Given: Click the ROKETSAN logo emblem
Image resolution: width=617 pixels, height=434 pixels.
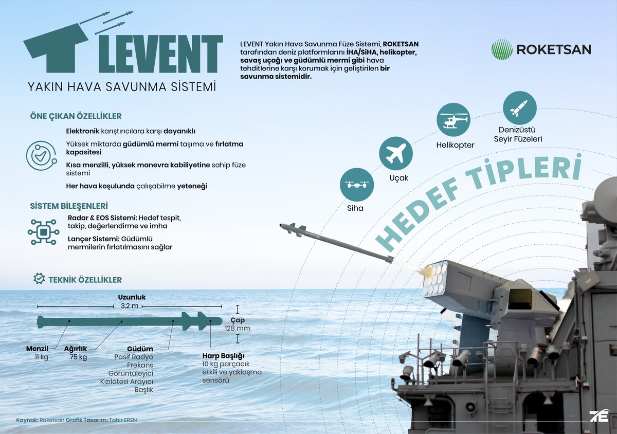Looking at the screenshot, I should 501,49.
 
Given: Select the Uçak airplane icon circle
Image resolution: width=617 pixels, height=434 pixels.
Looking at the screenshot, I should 396,153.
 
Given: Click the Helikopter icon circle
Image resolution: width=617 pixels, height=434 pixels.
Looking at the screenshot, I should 453,120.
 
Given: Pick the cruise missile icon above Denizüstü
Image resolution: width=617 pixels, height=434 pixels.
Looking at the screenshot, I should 519,108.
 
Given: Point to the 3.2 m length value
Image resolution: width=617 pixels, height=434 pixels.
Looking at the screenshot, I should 129,306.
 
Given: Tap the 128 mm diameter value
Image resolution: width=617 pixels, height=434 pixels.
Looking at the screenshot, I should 237,328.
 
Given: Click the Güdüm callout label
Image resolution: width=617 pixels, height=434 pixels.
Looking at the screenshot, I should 140,349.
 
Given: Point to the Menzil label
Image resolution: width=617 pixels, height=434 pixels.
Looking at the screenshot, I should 37,349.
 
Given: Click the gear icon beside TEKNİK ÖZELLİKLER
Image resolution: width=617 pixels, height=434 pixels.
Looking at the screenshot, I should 39,279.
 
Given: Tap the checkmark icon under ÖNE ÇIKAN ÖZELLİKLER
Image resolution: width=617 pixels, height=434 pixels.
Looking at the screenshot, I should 41,155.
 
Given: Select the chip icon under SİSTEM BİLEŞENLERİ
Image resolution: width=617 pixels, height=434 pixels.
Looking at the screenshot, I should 44,232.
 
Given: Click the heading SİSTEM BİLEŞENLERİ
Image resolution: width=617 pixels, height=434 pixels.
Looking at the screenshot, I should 68,206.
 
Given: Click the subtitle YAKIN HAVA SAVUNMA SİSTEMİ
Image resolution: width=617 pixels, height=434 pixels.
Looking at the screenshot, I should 122,86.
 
